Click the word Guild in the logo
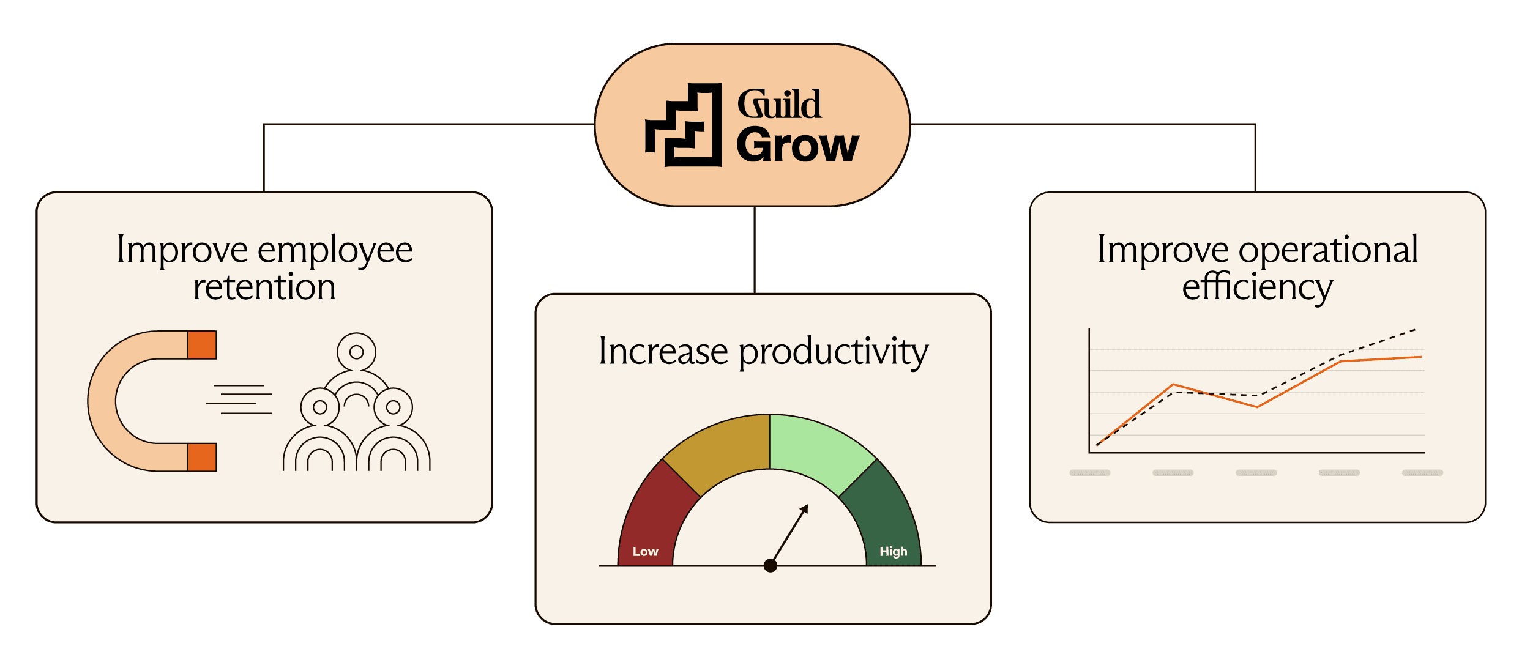tap(779, 104)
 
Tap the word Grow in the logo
tap(797, 146)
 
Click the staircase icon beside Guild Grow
tap(684, 125)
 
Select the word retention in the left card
tap(264, 287)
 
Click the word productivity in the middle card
tap(833, 352)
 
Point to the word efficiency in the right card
tap(1257, 287)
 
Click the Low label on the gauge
tap(645, 552)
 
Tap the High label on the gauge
tap(893, 552)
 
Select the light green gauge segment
tap(817, 450)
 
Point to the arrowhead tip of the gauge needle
tap(807, 506)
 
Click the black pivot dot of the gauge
tap(771, 566)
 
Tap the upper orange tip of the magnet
tap(202, 345)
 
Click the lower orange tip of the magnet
tap(202, 457)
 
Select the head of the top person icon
tap(356, 352)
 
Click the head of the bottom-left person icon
tap(320, 407)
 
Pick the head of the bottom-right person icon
tap(393, 407)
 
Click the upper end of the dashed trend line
tap(1414, 330)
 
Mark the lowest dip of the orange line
tap(1257, 407)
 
